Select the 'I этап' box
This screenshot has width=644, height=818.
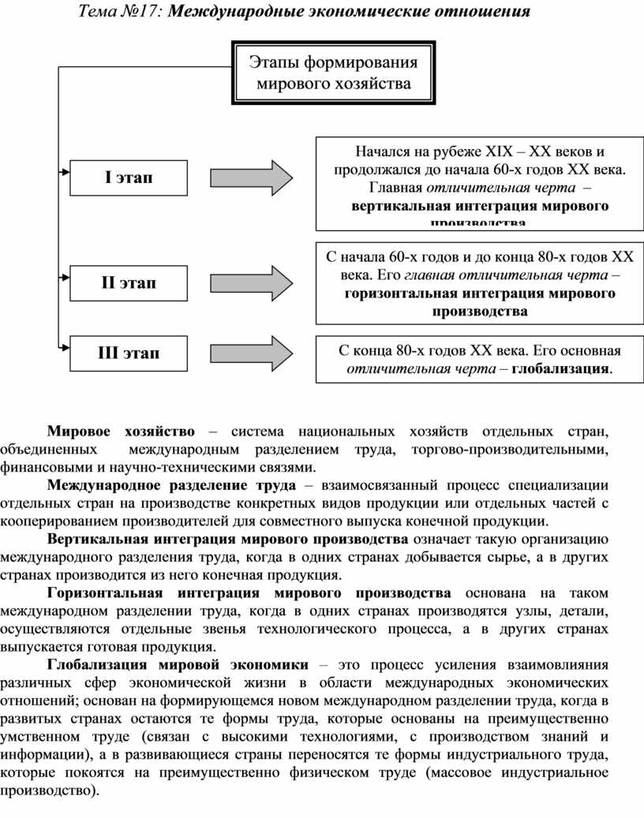129,177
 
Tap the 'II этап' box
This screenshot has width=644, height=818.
129,282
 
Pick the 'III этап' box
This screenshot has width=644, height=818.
129,353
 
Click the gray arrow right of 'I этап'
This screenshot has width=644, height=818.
252,177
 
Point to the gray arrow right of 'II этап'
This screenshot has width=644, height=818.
252,282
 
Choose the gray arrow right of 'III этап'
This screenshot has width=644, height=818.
252,353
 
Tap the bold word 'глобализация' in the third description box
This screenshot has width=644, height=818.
561,368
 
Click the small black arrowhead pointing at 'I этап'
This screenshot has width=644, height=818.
64,171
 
